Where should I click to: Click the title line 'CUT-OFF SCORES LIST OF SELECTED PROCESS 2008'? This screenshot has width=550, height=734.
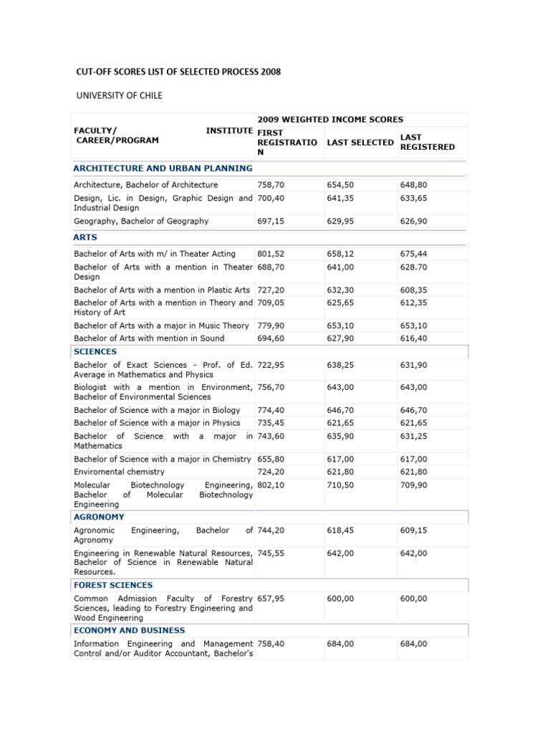178,72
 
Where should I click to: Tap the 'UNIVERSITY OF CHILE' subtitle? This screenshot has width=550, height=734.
120,95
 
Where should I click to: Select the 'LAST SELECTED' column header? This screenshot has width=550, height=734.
360,143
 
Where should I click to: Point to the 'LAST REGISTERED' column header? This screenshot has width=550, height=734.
427,142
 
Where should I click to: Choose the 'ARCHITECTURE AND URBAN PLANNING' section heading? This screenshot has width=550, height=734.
163,168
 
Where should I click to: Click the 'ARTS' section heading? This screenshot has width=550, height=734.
85,237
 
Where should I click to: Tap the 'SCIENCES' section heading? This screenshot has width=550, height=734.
95,351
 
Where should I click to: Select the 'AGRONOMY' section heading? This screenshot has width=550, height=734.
99,516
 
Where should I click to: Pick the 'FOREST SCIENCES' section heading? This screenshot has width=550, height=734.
113,585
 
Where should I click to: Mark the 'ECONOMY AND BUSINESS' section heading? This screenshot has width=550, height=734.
130,630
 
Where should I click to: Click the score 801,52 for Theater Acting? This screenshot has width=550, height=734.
271,254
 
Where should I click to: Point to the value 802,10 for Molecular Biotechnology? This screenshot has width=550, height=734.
271,485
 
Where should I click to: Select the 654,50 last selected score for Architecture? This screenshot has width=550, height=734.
340,185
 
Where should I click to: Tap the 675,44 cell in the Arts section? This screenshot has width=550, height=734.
414,254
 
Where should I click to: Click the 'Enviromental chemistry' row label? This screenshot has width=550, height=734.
119,472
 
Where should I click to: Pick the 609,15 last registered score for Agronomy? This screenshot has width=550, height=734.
414,530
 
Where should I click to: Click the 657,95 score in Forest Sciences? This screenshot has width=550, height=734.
271,599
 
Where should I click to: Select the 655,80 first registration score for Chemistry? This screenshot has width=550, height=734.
271,459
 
